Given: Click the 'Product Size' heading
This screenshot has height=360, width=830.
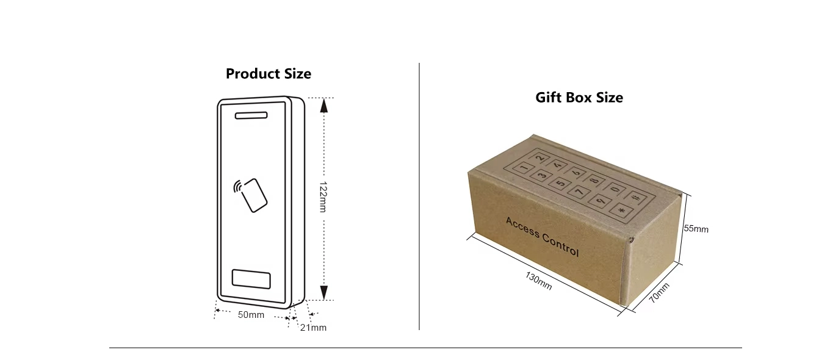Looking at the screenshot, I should click(x=269, y=74).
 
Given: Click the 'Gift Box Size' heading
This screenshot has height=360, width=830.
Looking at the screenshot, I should click(x=579, y=98).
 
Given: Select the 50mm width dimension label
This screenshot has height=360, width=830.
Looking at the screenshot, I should click(x=251, y=315).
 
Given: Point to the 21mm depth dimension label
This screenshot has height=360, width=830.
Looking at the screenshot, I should click(x=313, y=328).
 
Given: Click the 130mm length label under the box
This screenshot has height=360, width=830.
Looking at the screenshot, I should click(x=539, y=280).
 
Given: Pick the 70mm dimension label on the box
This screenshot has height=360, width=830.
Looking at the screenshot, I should click(x=659, y=293).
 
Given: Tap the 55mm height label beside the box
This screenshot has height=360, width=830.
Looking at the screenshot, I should click(x=696, y=229).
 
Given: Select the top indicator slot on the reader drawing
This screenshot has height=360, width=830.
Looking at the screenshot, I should click(x=251, y=115).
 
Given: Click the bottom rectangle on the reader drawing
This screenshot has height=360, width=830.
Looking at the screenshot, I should click(x=251, y=279).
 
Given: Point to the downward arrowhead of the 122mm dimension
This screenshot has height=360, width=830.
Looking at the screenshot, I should click(x=324, y=292).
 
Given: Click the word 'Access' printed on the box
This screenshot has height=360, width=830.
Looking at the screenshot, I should click(x=521, y=227).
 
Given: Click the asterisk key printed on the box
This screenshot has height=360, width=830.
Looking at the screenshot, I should click(x=621, y=211).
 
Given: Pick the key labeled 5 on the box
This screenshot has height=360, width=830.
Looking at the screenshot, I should click(x=559, y=183).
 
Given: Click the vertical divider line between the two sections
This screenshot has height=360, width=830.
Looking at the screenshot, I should click(x=419, y=195).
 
